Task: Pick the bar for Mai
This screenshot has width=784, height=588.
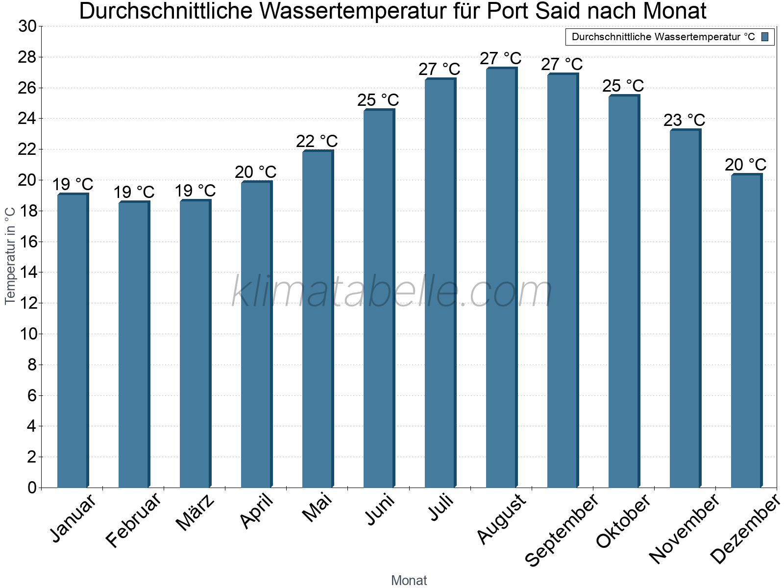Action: coord(318,319)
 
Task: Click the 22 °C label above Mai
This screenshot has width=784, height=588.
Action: coord(317,142)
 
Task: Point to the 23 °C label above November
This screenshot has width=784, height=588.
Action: coord(685,120)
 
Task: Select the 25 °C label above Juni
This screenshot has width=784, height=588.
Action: coord(378,100)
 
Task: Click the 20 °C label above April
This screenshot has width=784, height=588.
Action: coord(256,172)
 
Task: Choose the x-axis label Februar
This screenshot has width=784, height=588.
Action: coord(133,520)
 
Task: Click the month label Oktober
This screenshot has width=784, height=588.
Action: coord(624,521)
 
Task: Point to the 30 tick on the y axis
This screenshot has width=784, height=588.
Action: coord(27,26)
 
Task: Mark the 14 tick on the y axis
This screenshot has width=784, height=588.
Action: coord(27,272)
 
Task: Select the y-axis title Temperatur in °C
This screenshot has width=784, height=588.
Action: coord(10,255)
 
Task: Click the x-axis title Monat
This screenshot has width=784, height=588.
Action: coord(409,581)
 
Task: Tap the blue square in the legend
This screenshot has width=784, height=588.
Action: coord(765,37)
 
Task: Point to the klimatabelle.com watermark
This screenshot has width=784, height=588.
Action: coord(392,292)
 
